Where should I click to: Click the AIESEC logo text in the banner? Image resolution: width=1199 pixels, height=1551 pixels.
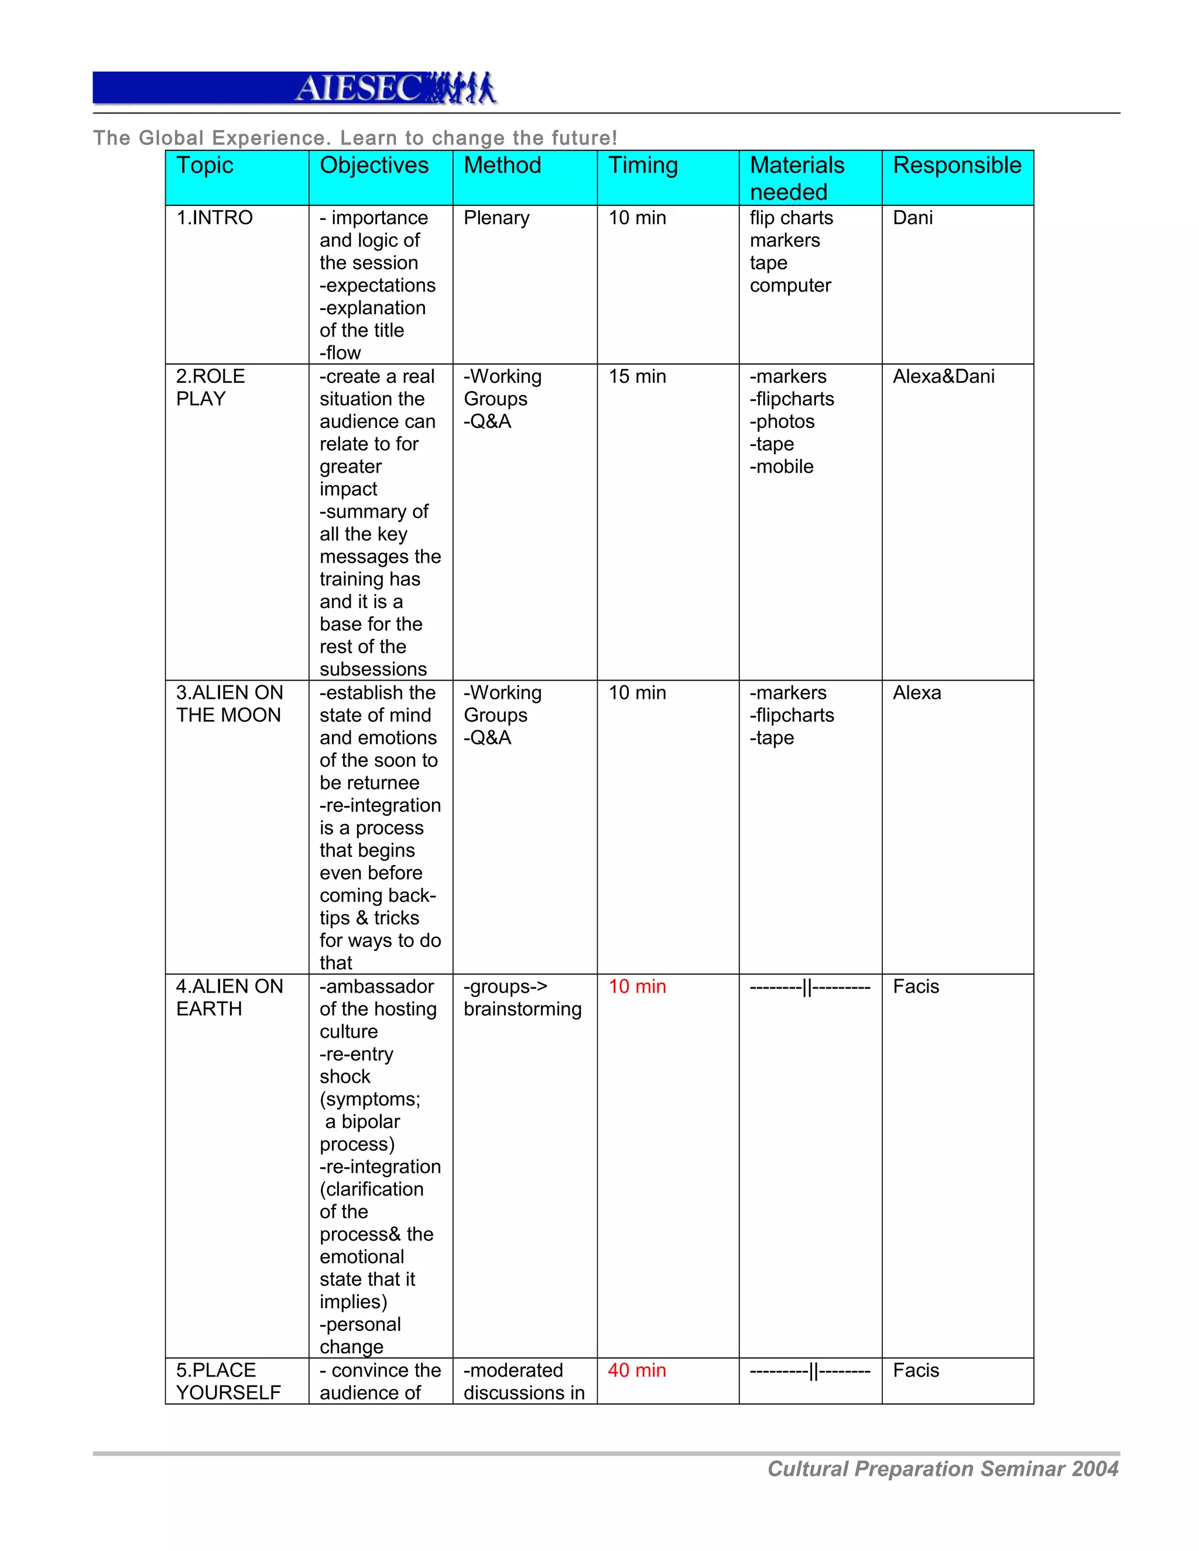coord(359,89)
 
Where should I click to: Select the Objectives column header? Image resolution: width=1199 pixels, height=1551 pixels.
coord(374,166)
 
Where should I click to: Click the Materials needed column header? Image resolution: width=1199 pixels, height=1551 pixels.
coord(797,179)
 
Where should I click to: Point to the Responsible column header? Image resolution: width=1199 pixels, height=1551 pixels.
coord(956,166)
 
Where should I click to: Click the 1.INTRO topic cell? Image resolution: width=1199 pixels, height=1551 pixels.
coord(214,218)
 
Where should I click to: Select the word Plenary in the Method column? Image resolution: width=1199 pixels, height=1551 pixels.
coord(496,218)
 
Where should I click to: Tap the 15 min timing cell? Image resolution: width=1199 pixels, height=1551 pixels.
coord(636,376)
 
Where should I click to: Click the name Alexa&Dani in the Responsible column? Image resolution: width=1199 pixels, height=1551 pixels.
coord(943,376)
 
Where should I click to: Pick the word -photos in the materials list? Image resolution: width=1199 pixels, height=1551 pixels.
coord(782,422)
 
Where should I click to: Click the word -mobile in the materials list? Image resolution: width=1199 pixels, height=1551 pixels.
coord(782,466)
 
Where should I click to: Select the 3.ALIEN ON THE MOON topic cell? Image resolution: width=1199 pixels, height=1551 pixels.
coord(229,704)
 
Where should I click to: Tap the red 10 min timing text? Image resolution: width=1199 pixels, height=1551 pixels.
coord(636,986)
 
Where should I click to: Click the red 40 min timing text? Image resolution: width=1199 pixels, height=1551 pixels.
coord(636,1370)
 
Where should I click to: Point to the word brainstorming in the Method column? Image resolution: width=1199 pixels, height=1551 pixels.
coord(522,1009)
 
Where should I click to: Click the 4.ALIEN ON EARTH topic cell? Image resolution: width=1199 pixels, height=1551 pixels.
coord(229,997)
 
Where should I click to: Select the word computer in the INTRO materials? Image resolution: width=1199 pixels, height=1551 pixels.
coord(790,286)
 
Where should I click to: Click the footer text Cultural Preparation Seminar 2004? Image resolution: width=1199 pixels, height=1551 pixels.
coord(943,1468)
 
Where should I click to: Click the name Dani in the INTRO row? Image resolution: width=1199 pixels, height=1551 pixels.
coord(912,218)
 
